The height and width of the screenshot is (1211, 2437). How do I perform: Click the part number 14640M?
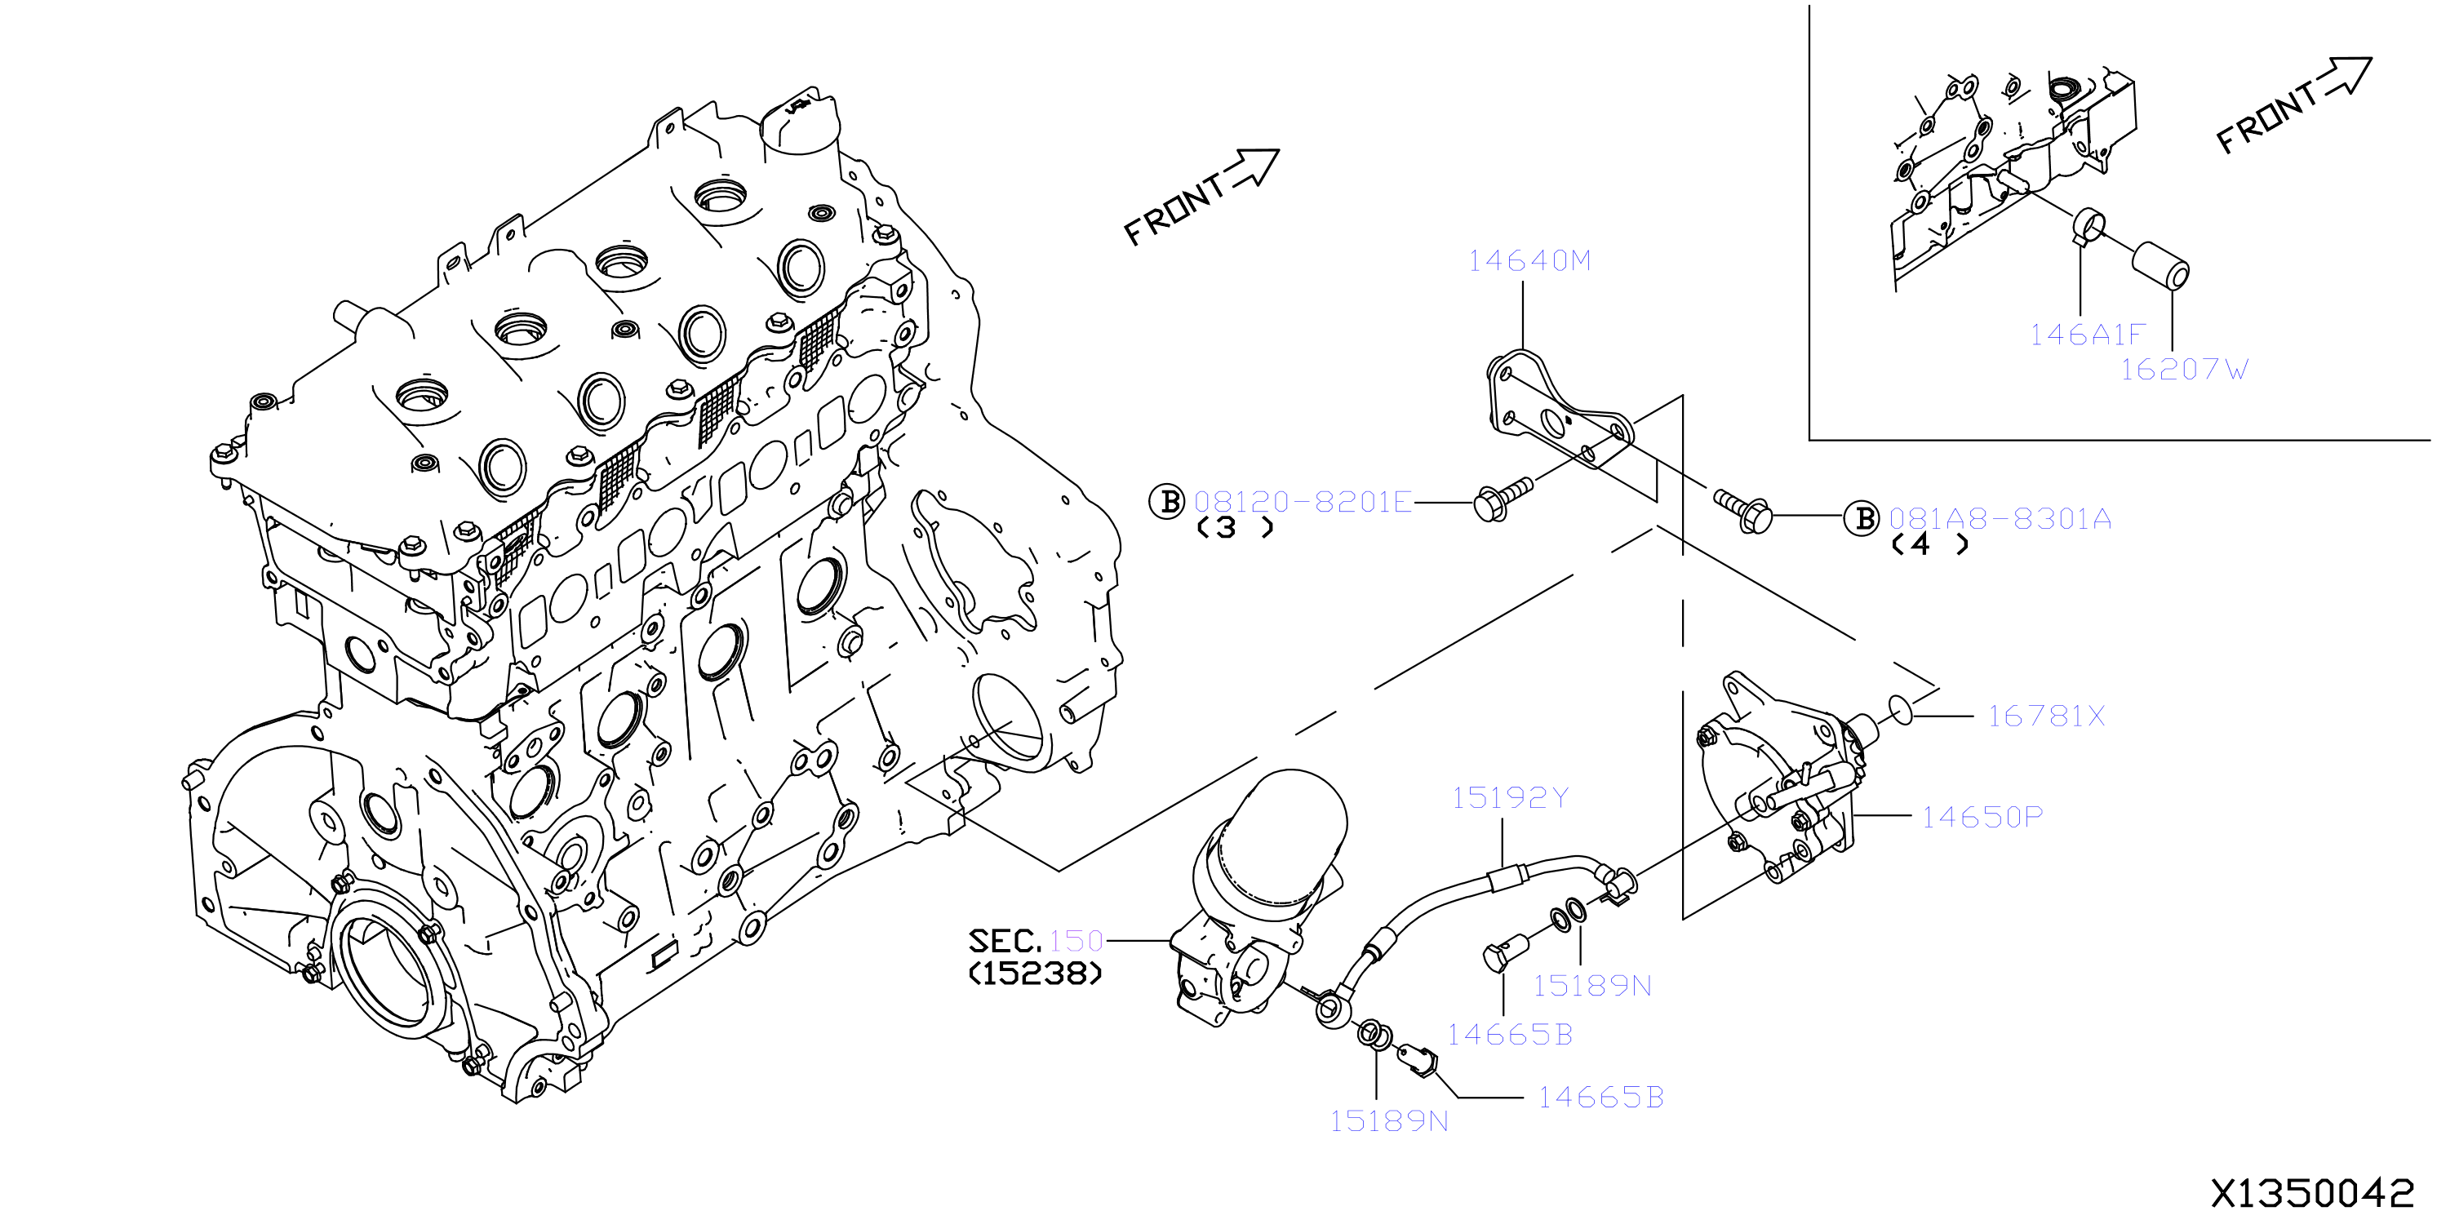tap(1529, 260)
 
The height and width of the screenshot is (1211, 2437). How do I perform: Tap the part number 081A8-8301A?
tap(2000, 518)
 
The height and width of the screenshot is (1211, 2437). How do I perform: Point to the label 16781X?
tap(2045, 716)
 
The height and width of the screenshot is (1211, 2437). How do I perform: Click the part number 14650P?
tap(1981, 817)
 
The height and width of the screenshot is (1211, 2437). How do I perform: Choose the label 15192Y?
tap(1510, 797)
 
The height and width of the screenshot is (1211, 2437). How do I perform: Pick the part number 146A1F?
tap(2086, 334)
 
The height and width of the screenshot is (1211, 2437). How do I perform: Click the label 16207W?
tap(2183, 369)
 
